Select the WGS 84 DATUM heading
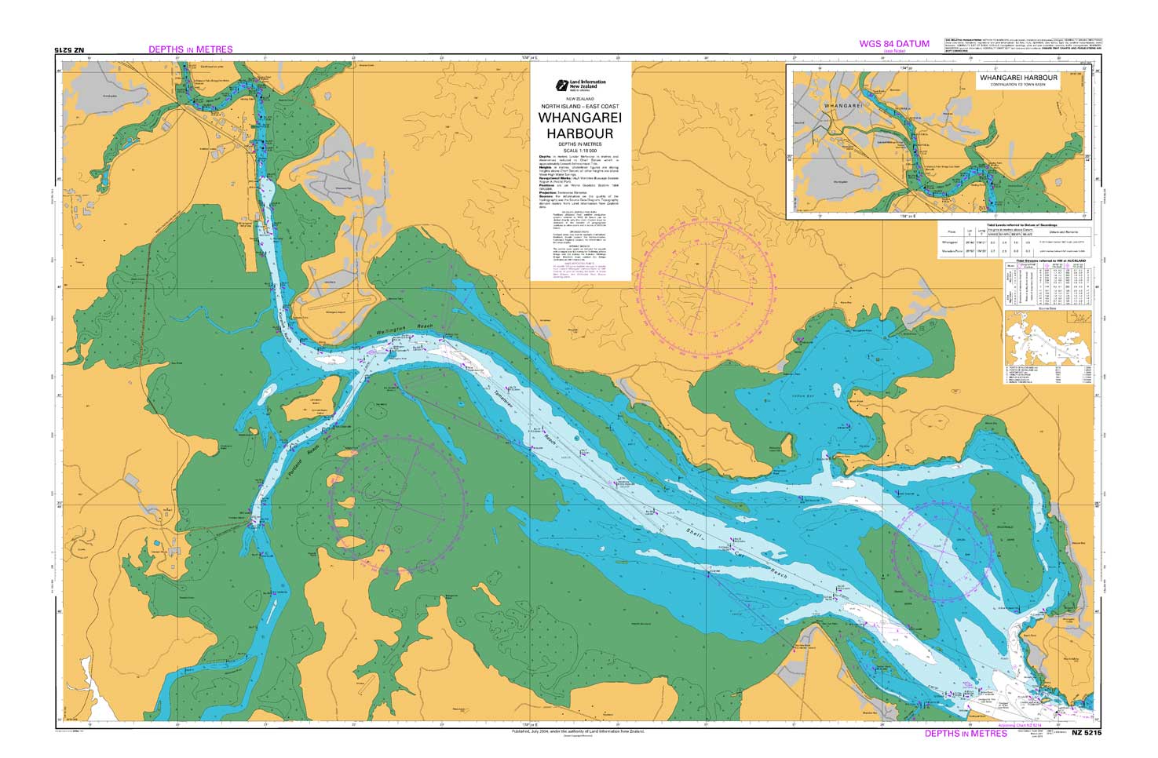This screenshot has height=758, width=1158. coord(894,44)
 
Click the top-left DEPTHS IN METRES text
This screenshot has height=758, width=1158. coord(191,49)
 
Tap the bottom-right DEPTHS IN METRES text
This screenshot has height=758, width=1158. coord(966,734)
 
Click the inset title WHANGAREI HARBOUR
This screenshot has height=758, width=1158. coord(1018,78)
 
